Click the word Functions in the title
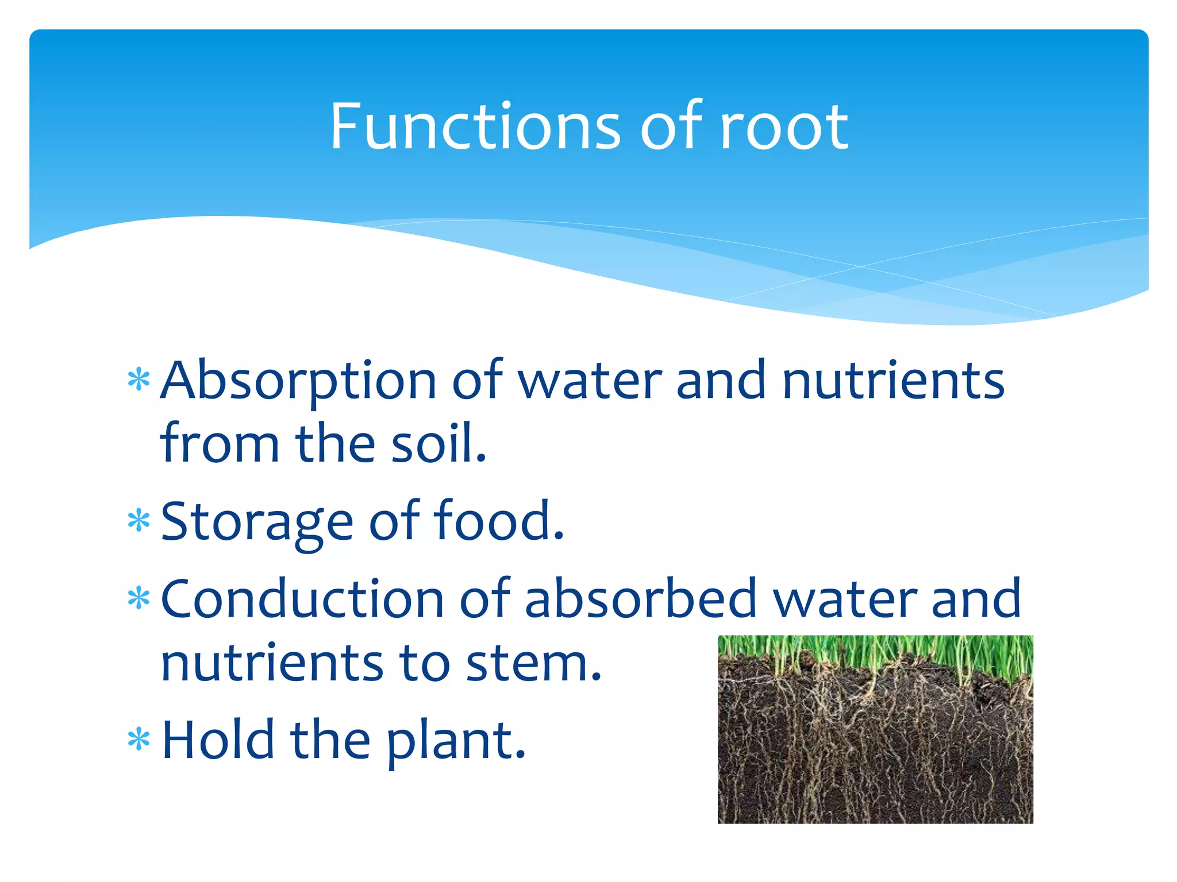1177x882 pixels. [475, 126]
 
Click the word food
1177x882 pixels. [498, 520]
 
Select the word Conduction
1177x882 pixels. [302, 599]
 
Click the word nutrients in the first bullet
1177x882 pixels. [893, 381]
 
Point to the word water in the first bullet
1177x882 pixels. [590, 381]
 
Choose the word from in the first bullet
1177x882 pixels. [220, 443]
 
